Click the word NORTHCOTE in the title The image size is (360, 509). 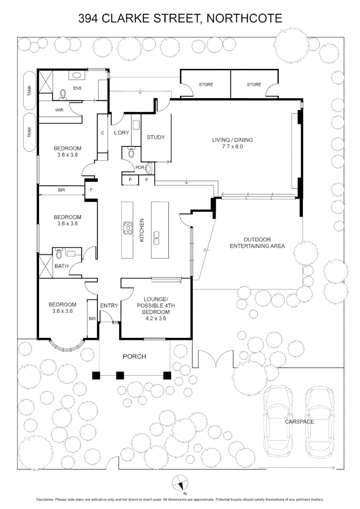click(x=244, y=18)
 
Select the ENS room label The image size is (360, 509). click(x=77, y=88)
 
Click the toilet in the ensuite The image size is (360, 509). click(x=63, y=94)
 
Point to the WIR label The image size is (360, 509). click(x=59, y=110)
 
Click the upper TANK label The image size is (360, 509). click(x=30, y=90)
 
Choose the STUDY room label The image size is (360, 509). click(x=156, y=137)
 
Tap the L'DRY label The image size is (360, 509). click(x=122, y=132)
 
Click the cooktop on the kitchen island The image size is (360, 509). click(x=128, y=228)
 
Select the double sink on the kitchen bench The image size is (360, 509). click(x=156, y=238)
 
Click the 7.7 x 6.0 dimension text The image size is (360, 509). click(x=232, y=147)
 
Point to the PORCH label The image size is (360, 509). click(x=134, y=356)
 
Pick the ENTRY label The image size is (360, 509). click(x=109, y=305)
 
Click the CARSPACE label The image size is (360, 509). click(x=299, y=422)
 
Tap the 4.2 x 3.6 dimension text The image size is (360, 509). click(x=156, y=319)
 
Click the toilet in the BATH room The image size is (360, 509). click(x=59, y=254)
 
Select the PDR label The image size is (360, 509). click(x=139, y=167)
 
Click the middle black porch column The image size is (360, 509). click(x=120, y=376)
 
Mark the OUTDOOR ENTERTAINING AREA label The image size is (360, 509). click(x=257, y=243)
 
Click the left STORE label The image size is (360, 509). click(x=206, y=84)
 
